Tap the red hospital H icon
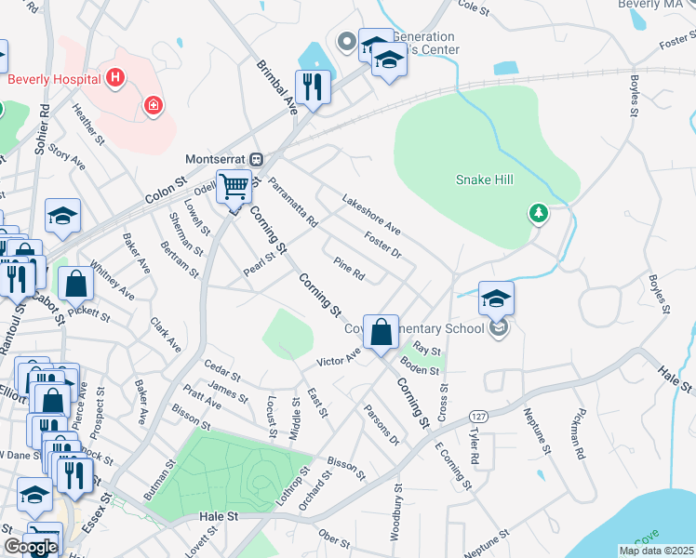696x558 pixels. click(115, 77)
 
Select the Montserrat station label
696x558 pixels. click(220, 158)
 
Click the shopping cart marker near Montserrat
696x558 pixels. click(234, 187)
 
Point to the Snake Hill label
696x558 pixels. click(485, 179)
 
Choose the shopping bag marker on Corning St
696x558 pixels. click(381, 331)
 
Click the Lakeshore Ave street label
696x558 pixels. click(370, 215)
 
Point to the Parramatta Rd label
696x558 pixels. click(292, 203)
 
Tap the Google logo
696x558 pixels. click(31, 547)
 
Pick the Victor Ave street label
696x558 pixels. click(338, 359)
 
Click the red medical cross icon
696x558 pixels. click(152, 108)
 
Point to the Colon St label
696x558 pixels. click(167, 193)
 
